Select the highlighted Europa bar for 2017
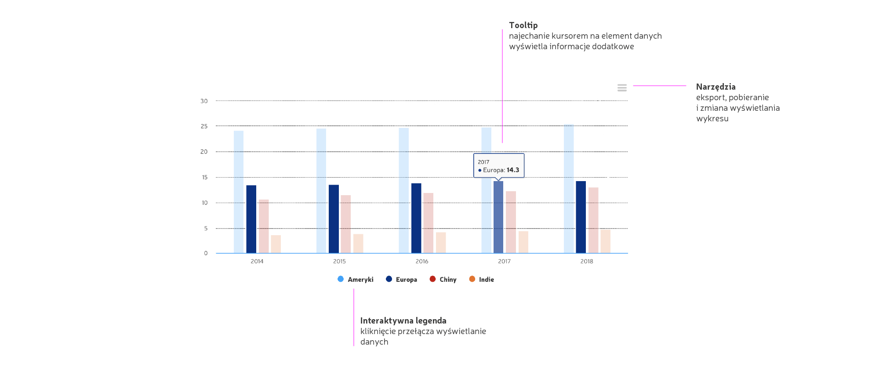pyautogui.click(x=498, y=217)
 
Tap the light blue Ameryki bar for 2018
pyautogui.click(x=569, y=189)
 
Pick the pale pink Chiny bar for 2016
pyautogui.click(x=428, y=223)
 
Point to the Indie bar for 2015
pyautogui.click(x=358, y=244)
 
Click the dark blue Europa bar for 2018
pyautogui.click(x=581, y=217)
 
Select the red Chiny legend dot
pyautogui.click(x=432, y=279)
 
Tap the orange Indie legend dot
pyautogui.click(x=472, y=279)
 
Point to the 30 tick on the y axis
pyautogui.click(x=204, y=101)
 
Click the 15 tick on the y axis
pyautogui.click(x=204, y=178)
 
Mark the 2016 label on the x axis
pyautogui.click(x=422, y=262)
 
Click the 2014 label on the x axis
pyautogui.click(x=257, y=262)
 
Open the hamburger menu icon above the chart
pyautogui.click(x=622, y=88)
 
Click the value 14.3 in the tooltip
pyautogui.click(x=513, y=170)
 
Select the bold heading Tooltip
pyautogui.click(x=523, y=25)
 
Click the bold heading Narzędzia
pyautogui.click(x=716, y=87)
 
